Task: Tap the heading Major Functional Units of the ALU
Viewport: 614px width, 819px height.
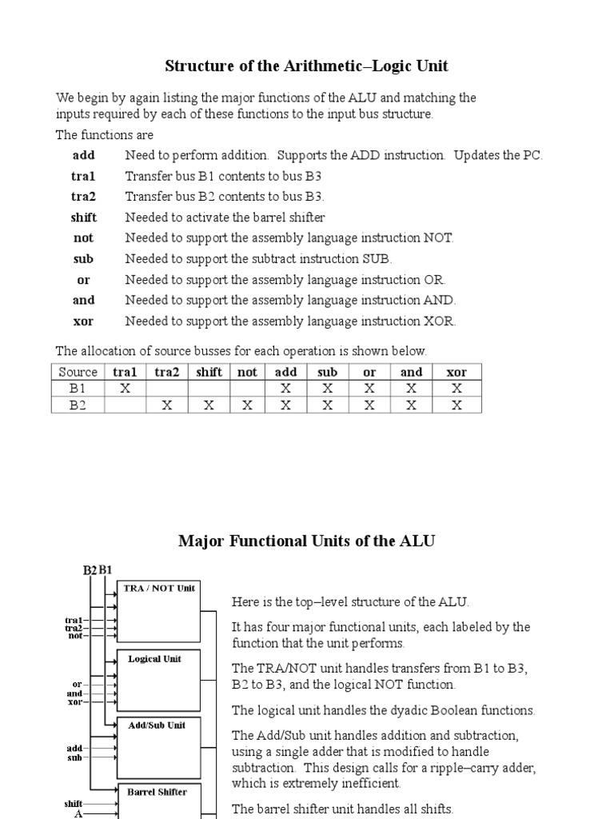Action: click(306, 541)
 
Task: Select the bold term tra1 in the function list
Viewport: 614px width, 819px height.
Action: click(83, 176)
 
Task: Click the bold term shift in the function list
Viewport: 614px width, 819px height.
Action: click(83, 218)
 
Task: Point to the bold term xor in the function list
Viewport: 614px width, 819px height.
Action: click(83, 322)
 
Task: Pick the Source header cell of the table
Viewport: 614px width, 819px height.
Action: click(78, 372)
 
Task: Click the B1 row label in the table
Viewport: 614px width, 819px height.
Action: click(78, 389)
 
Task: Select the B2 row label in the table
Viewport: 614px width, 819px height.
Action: click(78, 405)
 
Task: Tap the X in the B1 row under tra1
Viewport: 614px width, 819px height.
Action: click(125, 389)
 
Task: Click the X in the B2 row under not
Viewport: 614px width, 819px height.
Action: click(247, 405)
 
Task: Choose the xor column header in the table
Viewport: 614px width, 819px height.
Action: click(457, 372)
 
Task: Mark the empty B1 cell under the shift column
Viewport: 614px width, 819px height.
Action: click(209, 389)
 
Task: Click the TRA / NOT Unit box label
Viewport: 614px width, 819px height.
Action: click(159, 588)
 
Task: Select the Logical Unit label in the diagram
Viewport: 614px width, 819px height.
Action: click(154, 659)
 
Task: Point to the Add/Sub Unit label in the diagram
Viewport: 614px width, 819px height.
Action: click(157, 725)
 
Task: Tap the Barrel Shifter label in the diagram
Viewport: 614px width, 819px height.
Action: click(157, 792)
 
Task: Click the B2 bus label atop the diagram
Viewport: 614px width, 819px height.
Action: click(90, 570)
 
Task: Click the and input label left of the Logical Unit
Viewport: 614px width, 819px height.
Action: click(74, 693)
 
